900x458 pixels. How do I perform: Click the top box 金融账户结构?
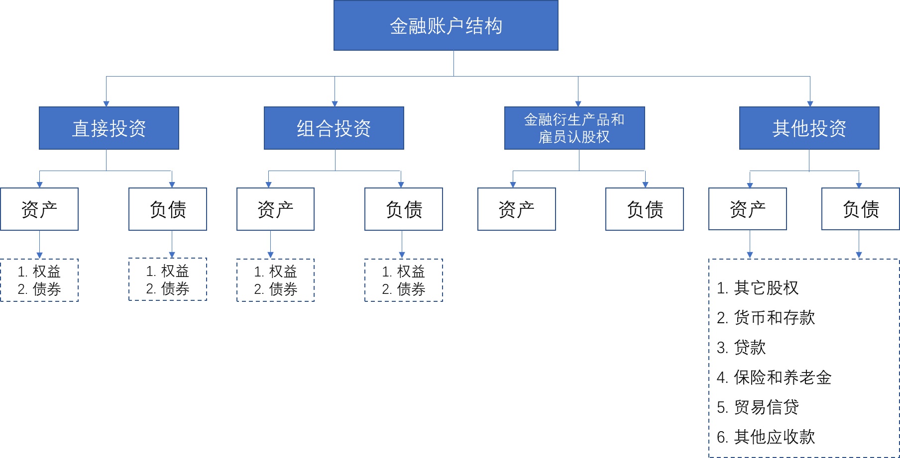tap(446, 25)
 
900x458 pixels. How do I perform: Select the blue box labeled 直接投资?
tap(109, 128)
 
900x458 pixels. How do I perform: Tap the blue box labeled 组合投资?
tap(334, 128)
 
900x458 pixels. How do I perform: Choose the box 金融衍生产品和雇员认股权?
tap(574, 128)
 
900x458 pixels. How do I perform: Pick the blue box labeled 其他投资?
tap(809, 128)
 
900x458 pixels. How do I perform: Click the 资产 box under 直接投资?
tap(39, 209)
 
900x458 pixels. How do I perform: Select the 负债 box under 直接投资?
tap(168, 209)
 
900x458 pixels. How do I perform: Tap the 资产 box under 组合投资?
tap(275, 209)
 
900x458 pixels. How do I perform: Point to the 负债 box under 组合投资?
tap(404, 209)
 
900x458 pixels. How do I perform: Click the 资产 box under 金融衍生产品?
tap(517, 209)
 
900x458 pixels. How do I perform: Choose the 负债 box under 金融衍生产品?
tap(645, 209)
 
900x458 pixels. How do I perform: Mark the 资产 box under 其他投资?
tap(748, 209)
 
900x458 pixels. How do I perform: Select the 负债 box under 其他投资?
tap(861, 209)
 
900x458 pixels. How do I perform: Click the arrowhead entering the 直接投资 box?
tap(106, 104)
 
